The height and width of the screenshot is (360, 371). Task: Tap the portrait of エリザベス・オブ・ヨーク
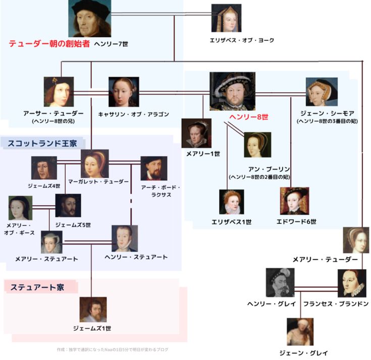click(x=226, y=19)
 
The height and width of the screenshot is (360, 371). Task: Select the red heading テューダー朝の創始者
click(x=49, y=44)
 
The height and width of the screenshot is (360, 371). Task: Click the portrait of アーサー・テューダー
click(x=59, y=91)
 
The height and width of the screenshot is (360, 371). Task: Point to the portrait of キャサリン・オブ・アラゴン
click(x=124, y=91)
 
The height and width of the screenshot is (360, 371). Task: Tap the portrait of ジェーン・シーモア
click(x=322, y=92)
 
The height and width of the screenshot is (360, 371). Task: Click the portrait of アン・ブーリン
click(x=257, y=145)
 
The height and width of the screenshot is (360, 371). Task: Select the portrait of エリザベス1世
click(x=232, y=202)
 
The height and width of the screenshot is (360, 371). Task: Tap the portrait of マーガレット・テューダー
click(x=95, y=163)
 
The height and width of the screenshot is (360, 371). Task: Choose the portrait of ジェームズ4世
click(x=44, y=168)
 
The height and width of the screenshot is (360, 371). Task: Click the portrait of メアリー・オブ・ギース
click(x=20, y=208)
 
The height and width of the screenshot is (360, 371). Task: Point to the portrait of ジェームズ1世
click(x=93, y=309)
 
